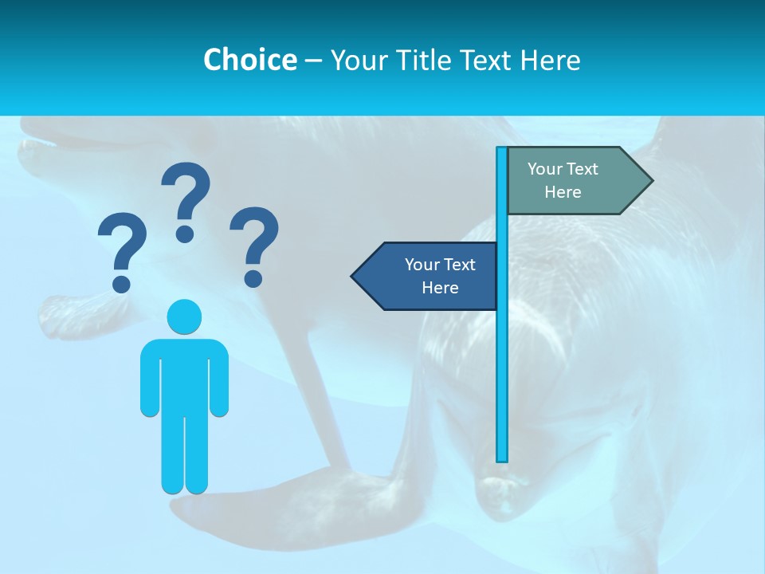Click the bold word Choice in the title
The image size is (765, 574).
pos(249,60)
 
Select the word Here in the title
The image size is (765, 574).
pos(551,60)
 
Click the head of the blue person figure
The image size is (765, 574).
pos(184,316)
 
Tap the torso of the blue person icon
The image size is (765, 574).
pos(184,375)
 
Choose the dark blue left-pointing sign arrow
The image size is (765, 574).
pos(426,277)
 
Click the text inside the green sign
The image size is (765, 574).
pos(563,180)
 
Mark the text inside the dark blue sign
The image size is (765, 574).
pos(440,276)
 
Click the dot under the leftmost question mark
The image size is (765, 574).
pos(122,283)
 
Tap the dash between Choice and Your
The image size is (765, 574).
pos(313,61)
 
